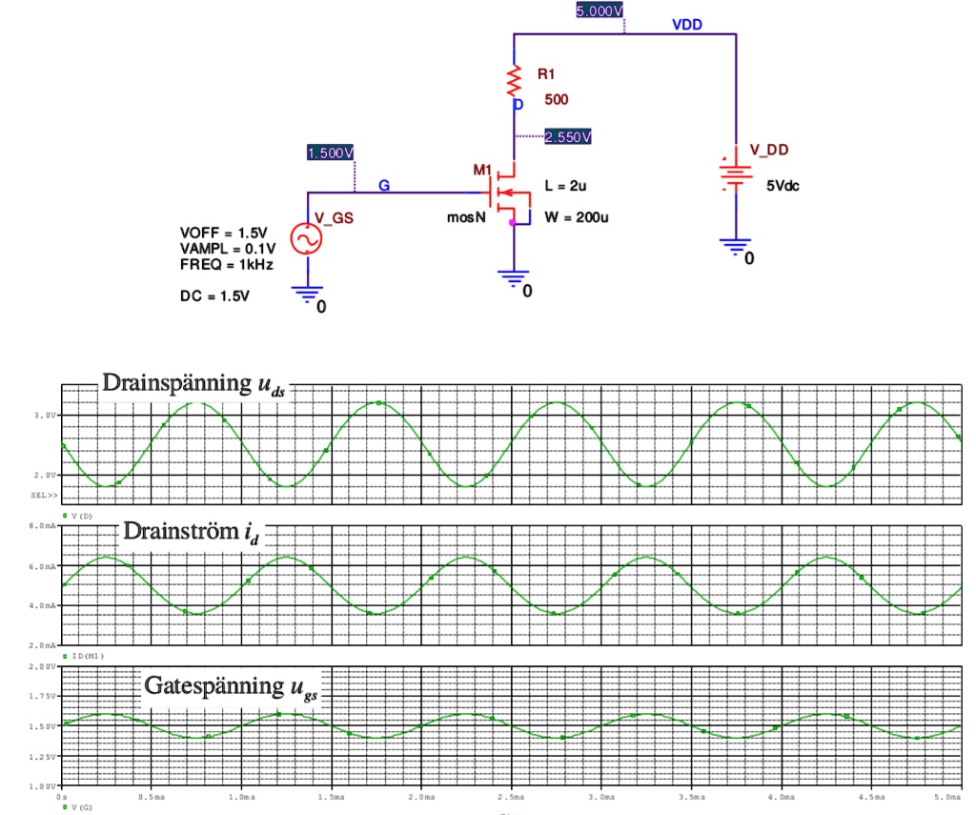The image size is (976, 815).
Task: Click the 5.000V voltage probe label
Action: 600,11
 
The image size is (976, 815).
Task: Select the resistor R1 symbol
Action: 515,77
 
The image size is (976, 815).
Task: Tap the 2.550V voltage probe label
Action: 567,137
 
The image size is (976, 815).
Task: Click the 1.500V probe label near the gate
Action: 331,153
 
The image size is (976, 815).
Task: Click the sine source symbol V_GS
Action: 309,239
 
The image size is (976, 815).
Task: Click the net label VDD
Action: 686,25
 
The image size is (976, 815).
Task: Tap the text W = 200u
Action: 577,217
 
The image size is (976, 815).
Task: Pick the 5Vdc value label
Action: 783,185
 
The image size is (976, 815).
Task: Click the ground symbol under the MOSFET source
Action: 514,279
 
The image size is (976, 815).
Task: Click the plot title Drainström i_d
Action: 191,532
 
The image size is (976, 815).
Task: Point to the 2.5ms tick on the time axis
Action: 511,795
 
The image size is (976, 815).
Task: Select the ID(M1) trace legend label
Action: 87,657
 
